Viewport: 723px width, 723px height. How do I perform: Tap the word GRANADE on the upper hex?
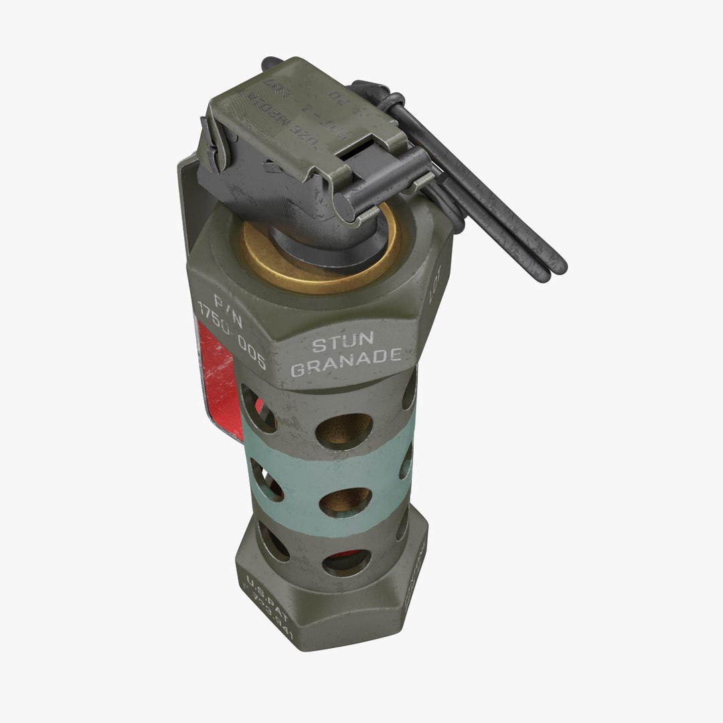pos(346,368)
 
